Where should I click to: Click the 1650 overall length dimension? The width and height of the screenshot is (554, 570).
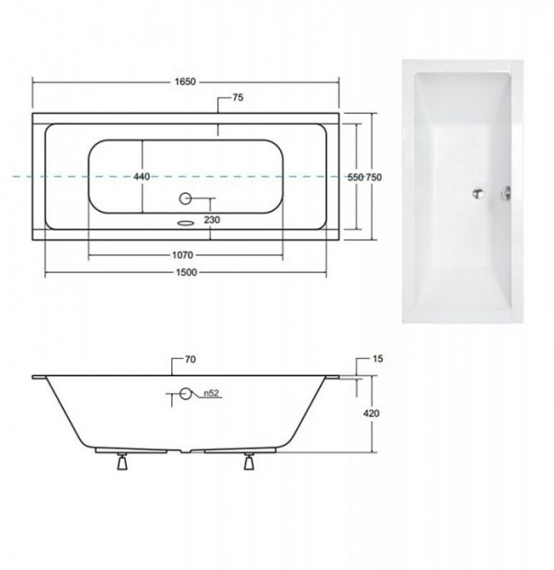pyautogui.click(x=185, y=81)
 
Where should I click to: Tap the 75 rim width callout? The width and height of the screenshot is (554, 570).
pyautogui.click(x=238, y=98)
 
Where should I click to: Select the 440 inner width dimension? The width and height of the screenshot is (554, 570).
pyautogui.click(x=142, y=177)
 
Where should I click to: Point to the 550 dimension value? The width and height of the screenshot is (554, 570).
pyautogui.click(x=355, y=178)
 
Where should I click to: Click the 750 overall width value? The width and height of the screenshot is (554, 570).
pyautogui.click(x=374, y=178)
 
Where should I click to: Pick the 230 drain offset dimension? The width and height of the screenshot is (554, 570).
pyautogui.click(x=212, y=220)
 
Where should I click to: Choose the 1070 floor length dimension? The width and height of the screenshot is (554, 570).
pyautogui.click(x=182, y=255)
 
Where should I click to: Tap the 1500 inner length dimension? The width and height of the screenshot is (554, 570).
pyautogui.click(x=187, y=272)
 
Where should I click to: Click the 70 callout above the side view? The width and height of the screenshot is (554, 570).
pyautogui.click(x=191, y=359)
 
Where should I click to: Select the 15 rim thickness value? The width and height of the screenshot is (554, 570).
pyautogui.click(x=378, y=359)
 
